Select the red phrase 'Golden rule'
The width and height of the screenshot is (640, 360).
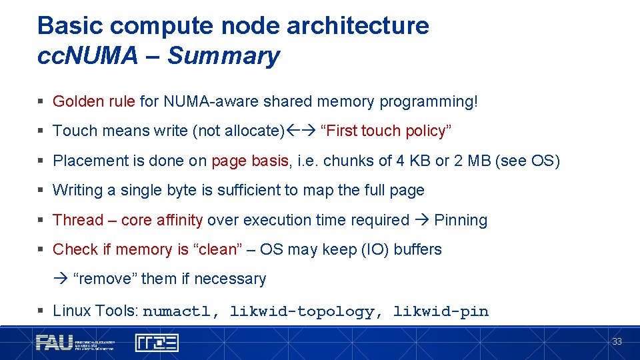click(x=93, y=101)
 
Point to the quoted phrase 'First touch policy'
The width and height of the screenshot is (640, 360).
click(x=386, y=131)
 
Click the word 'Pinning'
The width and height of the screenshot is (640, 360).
click(x=461, y=220)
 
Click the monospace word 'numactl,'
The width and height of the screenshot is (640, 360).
click(x=181, y=311)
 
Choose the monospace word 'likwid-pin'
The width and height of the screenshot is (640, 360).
click(x=441, y=311)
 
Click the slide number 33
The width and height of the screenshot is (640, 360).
click(x=617, y=341)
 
